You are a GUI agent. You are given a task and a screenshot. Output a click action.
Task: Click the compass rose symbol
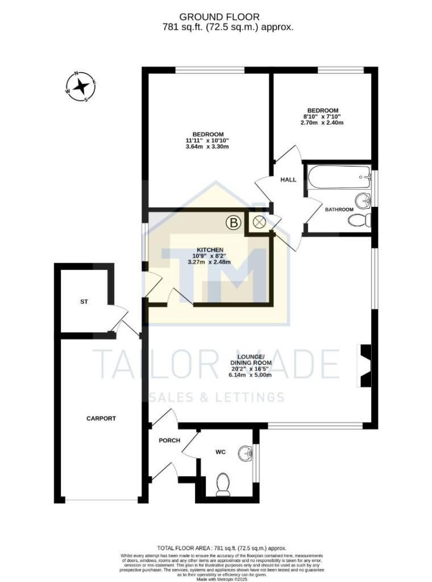pyautogui.click(x=80, y=87)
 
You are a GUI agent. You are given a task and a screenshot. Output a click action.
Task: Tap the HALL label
pyautogui.click(x=288, y=180)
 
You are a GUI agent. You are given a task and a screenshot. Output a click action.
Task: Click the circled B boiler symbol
pyautogui.click(x=233, y=223)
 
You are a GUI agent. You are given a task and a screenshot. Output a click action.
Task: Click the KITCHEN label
pyautogui.click(x=210, y=250)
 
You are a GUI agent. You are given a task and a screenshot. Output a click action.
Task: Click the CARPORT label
pyautogui.click(x=101, y=418)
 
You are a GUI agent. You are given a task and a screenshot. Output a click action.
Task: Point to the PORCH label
pyautogui.click(x=169, y=440)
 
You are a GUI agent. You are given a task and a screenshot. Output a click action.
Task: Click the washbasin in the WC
pyautogui.click(x=246, y=453)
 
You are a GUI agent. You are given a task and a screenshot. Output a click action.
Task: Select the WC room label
pyautogui.click(x=221, y=452)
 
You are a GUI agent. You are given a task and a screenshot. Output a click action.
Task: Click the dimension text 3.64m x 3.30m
pyautogui.click(x=207, y=147)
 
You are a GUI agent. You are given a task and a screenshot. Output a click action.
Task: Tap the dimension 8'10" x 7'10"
pyautogui.click(x=323, y=117)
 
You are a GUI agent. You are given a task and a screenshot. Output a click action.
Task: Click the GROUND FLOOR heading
pyautogui.click(x=212, y=16)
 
